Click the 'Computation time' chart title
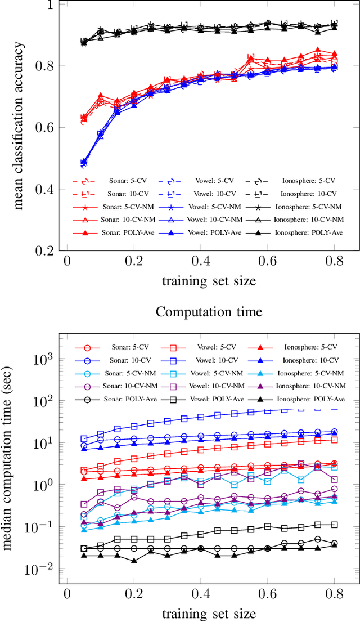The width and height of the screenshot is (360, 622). click(209, 311)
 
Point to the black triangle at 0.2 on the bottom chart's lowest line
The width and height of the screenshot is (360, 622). click(134, 561)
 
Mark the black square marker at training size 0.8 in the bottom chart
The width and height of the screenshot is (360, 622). click(334, 525)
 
